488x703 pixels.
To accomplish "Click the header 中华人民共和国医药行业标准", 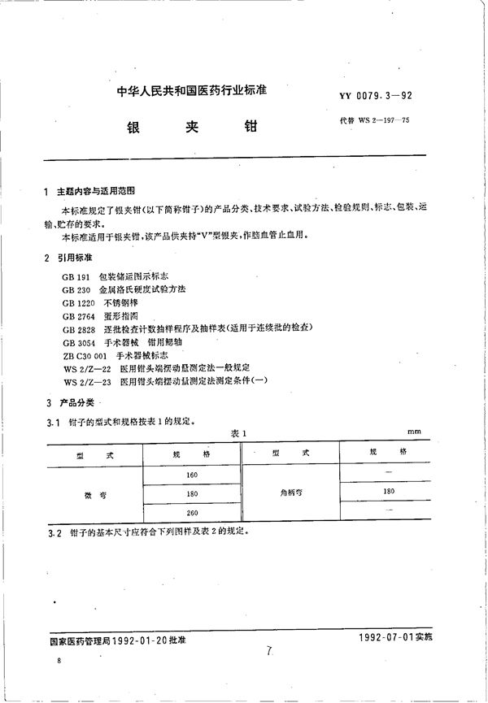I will [x=182, y=93].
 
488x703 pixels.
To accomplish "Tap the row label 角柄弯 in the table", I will [x=289, y=492].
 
